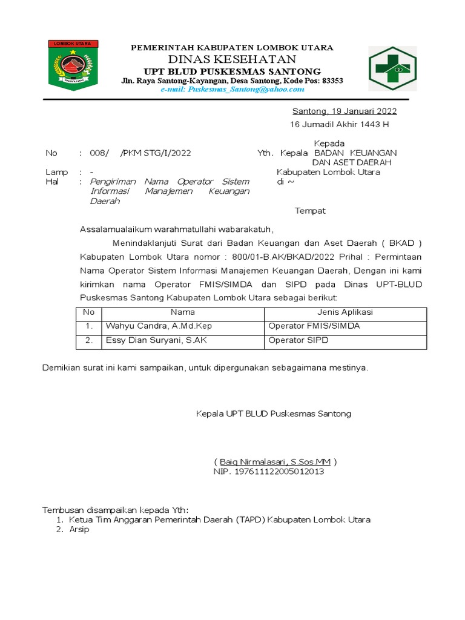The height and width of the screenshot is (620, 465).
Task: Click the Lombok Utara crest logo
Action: click(73, 65)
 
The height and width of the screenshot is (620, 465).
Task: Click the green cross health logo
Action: click(392, 68)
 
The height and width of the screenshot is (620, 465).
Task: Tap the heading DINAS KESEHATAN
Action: click(232, 59)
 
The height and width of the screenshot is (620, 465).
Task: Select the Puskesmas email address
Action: click(232, 90)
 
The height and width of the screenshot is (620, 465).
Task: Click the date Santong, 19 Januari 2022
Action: click(345, 111)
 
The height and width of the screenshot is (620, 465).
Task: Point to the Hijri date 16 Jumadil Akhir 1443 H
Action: click(340, 125)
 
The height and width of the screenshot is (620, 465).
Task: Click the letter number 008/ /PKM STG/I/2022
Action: click(140, 153)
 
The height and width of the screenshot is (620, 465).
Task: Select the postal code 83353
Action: click(332, 81)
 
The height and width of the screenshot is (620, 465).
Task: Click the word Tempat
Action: click(310, 211)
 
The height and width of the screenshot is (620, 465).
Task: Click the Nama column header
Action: click(182, 312)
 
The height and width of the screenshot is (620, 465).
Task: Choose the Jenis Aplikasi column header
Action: click(345, 312)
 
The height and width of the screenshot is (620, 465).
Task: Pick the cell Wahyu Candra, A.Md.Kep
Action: click(159, 326)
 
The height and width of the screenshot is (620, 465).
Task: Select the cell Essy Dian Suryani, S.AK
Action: click(156, 340)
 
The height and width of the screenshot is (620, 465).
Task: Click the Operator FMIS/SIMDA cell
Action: click(314, 326)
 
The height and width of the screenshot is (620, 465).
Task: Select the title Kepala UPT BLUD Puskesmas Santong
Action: click(273, 414)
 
